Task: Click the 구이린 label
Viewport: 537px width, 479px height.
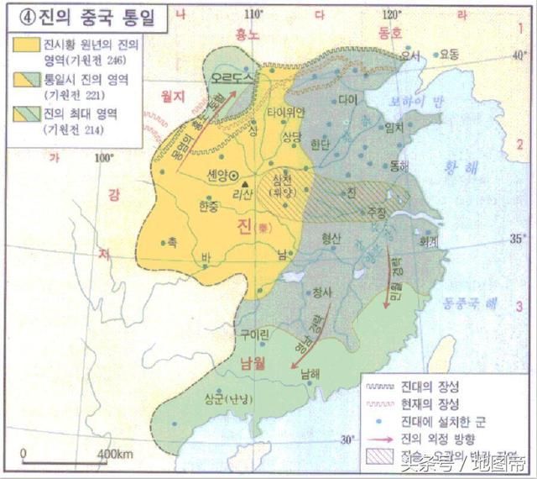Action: [x=254, y=334]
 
